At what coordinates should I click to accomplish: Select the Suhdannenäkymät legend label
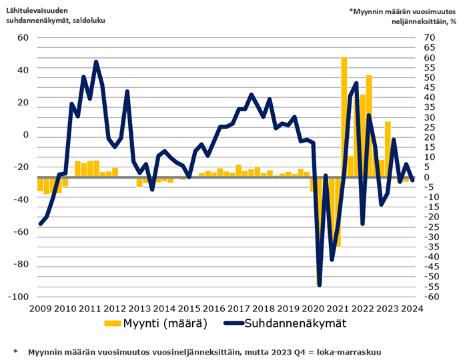pos(297,323)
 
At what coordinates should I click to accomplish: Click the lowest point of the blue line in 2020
pos(320,285)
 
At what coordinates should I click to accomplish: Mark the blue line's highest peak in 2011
pos(96,62)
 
